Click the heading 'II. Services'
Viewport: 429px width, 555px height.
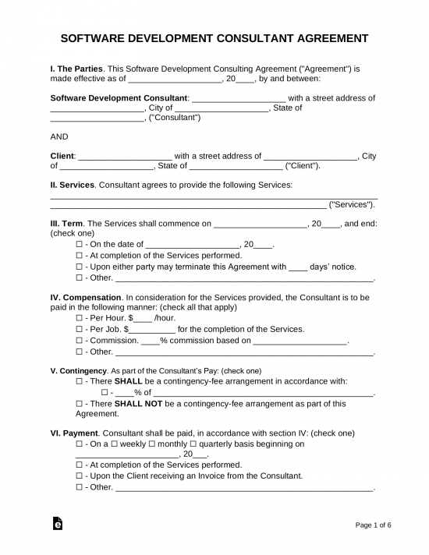(73, 185)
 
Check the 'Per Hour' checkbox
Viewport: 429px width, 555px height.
(80, 318)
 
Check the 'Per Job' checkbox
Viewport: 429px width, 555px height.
(80, 329)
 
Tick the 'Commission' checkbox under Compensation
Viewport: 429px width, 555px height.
(80, 341)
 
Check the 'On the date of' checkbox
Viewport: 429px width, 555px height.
(80, 244)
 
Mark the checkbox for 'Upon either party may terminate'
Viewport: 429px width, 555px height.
(80, 266)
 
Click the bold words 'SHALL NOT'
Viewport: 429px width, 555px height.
(137, 404)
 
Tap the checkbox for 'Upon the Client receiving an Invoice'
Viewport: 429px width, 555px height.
(80, 475)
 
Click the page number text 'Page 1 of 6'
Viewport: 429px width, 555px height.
(373, 525)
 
